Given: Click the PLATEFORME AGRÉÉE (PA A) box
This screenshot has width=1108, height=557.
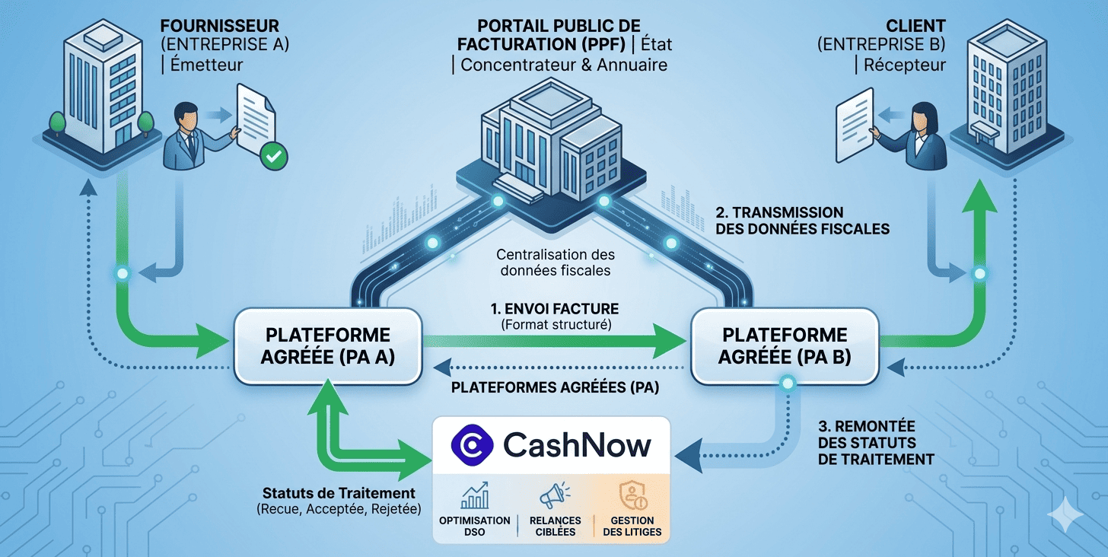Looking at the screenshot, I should coord(327,346).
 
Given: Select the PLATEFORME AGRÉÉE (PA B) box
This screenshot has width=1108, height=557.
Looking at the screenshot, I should coord(784,346).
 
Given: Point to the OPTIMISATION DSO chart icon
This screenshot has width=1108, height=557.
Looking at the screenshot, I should coord(474,496).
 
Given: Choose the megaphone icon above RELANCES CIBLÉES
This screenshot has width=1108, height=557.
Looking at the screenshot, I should coord(555,496).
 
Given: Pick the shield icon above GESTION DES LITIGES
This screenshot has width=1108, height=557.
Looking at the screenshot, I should coord(632,496).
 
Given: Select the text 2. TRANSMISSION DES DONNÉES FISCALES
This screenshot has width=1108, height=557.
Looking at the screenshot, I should coord(803,220).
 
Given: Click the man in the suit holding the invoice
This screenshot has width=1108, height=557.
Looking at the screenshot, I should coord(188,137).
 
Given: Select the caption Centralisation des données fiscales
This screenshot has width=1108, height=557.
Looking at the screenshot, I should coord(555,262).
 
